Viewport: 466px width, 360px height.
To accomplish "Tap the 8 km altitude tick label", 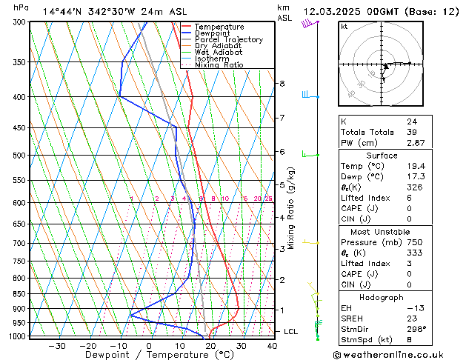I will (x=282, y=84).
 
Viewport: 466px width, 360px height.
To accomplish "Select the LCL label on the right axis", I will (x=290, y=331).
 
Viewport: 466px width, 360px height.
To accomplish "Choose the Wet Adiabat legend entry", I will (x=220, y=53).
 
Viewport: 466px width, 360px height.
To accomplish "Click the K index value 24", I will (x=411, y=121).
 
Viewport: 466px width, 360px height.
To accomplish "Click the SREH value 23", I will (x=411, y=318).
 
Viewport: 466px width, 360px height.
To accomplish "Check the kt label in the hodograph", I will (x=344, y=26).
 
